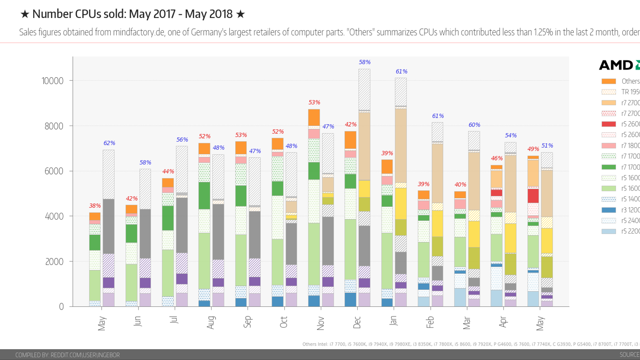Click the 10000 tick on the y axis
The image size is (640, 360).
52,81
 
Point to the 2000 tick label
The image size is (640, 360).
54,262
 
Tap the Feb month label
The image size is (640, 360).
430,322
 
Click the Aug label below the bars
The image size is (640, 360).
211,322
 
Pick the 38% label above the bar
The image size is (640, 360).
95,206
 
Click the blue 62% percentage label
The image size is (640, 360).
109,143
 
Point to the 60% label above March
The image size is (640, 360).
474,125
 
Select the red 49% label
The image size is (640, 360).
533,149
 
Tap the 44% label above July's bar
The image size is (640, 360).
168,171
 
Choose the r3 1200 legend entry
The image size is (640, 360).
630,210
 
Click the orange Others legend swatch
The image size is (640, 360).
608,81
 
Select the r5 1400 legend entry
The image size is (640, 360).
630,199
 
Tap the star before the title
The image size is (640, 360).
25,14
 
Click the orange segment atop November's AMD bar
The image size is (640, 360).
314,117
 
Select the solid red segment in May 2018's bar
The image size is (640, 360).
533,196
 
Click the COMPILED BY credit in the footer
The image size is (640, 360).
67,355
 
